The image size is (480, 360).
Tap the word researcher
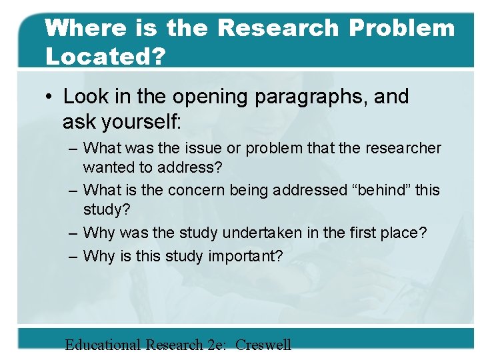click(402, 148)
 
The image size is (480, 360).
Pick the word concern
click(197, 191)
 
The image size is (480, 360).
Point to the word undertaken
click(261, 233)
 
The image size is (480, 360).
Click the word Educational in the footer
click(103, 345)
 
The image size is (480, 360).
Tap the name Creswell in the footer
click(263, 345)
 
